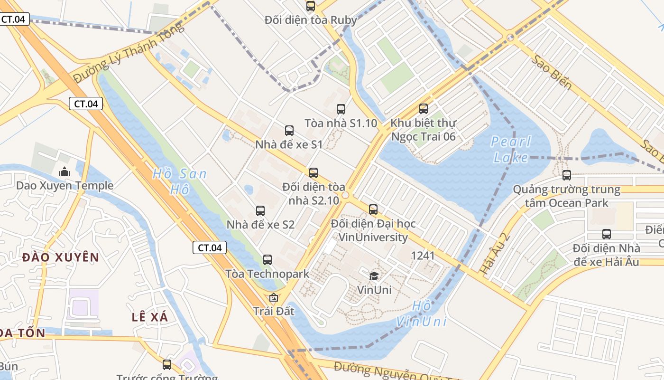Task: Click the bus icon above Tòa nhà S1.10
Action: coord(341,109)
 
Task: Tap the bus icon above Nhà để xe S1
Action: coord(289,131)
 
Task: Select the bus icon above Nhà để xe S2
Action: coord(260,211)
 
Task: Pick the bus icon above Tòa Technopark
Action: coord(267,260)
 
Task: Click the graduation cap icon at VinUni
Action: coord(374,276)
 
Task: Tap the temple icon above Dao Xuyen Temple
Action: coord(64,171)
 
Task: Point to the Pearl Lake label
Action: coord(511,149)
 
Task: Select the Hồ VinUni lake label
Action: coord(422,313)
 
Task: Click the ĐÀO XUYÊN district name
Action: coord(61,257)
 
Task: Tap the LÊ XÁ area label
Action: coord(150,317)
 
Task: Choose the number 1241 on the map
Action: coord(423,256)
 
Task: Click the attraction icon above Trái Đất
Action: coord(273,298)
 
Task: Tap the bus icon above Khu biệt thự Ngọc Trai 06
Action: coord(423,109)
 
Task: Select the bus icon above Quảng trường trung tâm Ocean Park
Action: coord(566,175)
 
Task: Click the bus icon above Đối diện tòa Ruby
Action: coord(310,6)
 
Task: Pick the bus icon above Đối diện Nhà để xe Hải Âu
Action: coord(606,234)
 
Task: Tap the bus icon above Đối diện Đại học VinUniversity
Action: coord(373,209)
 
